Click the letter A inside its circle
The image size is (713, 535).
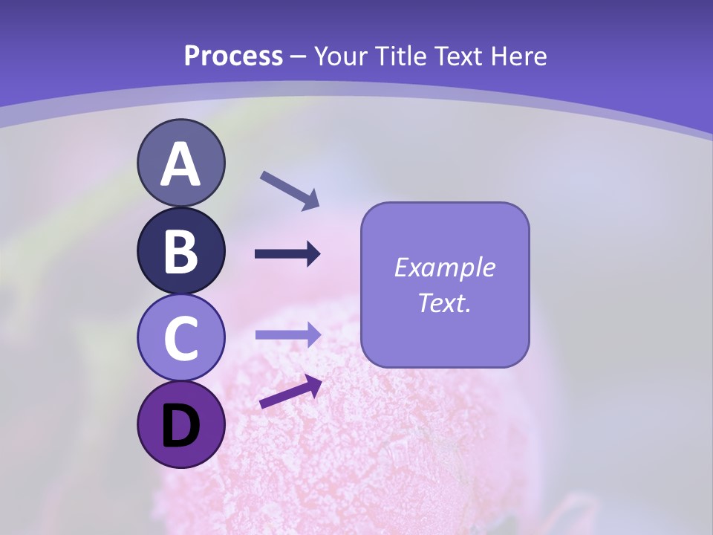click(180, 165)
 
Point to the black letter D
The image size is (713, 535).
click(180, 427)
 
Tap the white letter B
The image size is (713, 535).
click(180, 252)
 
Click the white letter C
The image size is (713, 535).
click(180, 340)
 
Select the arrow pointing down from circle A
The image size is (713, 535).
click(290, 190)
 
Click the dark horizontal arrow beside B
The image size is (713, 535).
click(287, 254)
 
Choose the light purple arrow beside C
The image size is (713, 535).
click(287, 335)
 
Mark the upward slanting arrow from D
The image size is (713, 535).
click(290, 392)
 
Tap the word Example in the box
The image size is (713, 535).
click(444, 268)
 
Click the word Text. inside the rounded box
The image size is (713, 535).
click(444, 303)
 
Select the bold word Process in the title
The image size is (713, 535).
click(233, 56)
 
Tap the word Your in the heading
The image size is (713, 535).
click(342, 56)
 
